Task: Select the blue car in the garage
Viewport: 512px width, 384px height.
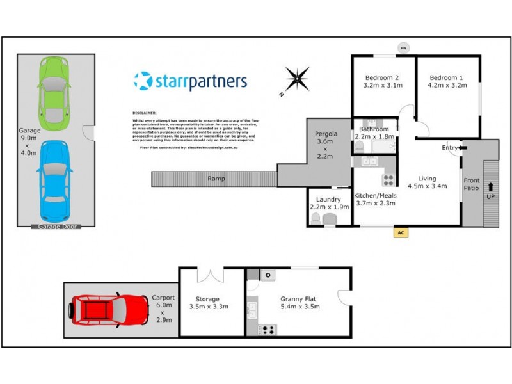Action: [x=54, y=180]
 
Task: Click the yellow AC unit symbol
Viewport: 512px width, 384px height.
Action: [x=401, y=233]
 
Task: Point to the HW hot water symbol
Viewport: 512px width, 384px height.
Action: [x=403, y=47]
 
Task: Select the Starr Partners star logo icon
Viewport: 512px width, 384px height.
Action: [x=143, y=81]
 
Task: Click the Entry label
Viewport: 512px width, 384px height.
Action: [x=450, y=148]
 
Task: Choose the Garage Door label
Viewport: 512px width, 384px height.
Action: [x=56, y=226]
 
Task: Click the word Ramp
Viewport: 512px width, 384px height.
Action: [x=216, y=179]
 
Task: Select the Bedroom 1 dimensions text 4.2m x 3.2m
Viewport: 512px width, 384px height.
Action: [x=446, y=84]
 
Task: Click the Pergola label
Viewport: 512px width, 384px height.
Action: [x=326, y=134]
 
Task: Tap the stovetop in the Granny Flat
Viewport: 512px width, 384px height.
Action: [x=267, y=330]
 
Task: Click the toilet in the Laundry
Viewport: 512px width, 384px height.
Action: [x=315, y=219]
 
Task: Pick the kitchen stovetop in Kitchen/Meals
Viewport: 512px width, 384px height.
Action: [x=388, y=180]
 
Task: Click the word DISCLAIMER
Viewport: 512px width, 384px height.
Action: [x=144, y=112]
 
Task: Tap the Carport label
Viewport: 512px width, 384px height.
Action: [x=163, y=298]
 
